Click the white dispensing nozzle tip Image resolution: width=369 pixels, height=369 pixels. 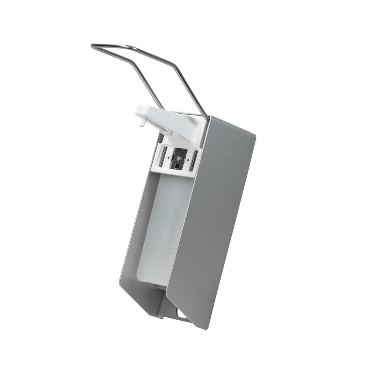click(142, 124)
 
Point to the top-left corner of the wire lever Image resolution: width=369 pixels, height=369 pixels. click(92, 46)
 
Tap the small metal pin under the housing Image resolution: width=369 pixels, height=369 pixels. click(161, 316)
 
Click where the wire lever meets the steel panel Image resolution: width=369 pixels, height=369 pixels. click(208, 118)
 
